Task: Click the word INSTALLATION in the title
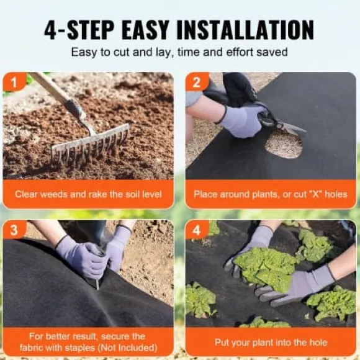click(x=245, y=30)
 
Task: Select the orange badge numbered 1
click(x=14, y=81)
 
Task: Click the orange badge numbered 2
click(x=197, y=81)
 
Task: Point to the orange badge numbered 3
click(x=14, y=230)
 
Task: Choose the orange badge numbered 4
click(x=197, y=230)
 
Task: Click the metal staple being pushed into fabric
click(x=97, y=284)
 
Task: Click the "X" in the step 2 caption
click(x=316, y=194)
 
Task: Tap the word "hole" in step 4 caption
click(x=318, y=343)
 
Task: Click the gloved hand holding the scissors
click(x=241, y=120)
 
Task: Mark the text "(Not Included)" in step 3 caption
click(x=128, y=348)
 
